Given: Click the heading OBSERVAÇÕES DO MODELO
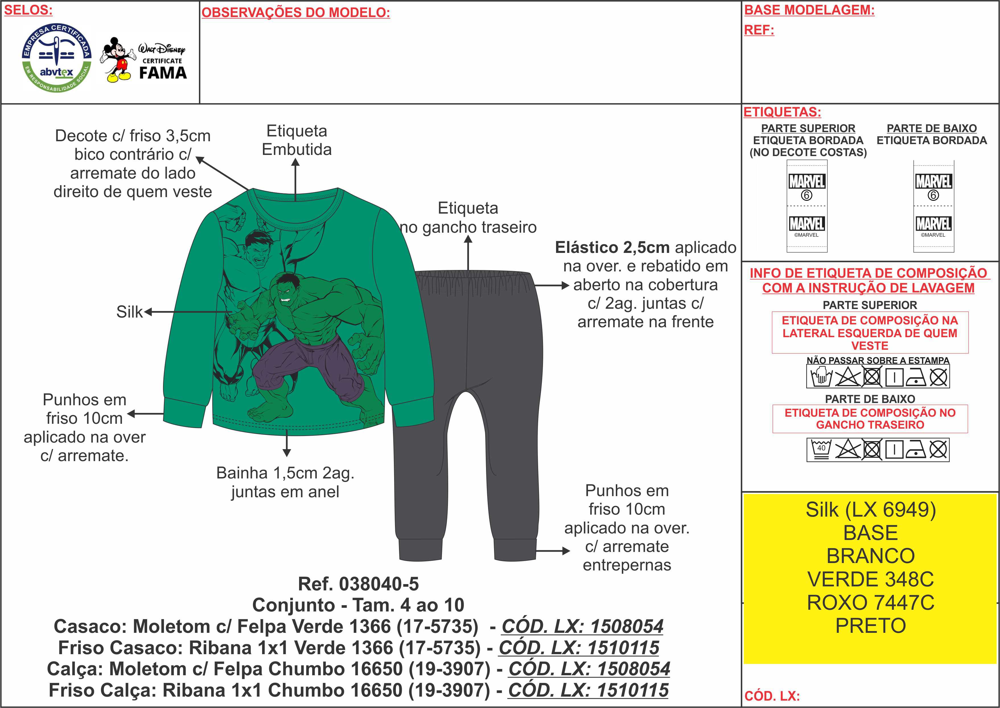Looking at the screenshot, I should (x=296, y=13).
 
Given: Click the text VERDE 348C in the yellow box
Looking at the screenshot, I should (x=870, y=579).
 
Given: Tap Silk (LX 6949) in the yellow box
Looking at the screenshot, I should (x=870, y=509).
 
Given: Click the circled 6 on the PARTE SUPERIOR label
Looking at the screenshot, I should (x=806, y=195).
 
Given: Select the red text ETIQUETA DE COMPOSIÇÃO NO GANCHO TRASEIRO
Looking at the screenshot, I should (x=870, y=419).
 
